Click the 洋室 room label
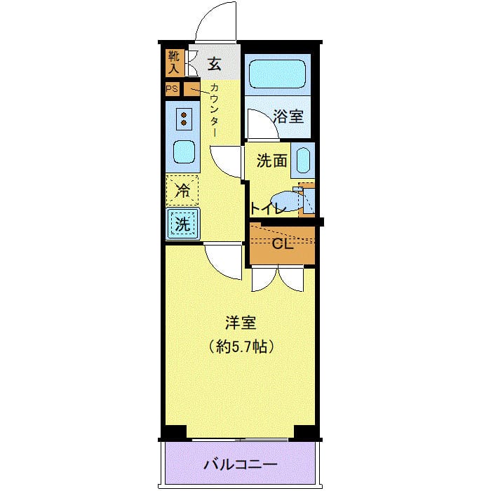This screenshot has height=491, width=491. point(240,323)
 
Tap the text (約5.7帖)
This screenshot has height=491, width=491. point(241,346)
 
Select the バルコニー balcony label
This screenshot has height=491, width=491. point(241,464)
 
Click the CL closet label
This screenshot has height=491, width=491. point(282,244)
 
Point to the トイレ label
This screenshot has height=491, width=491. point(267,208)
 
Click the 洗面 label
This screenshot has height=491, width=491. point(271,161)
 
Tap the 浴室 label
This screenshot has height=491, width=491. point(288,116)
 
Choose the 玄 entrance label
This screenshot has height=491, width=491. point(214,65)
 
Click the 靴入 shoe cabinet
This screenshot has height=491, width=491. point(175,62)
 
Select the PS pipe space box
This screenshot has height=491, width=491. point(172,89)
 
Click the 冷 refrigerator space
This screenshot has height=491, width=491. point(182,189)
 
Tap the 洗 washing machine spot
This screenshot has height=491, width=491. point(182,224)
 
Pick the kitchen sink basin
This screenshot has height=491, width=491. point(184,151)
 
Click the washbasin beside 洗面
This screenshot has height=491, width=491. point(303,160)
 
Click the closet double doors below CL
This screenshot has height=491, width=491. point(278,278)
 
